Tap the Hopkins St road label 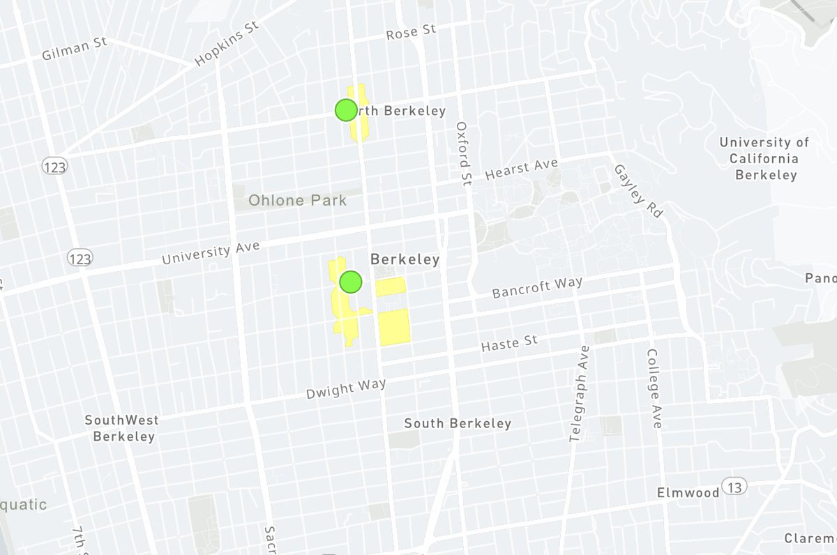coord(227,43)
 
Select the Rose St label coord(412,31)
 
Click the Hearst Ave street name coord(522,168)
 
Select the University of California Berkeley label coord(764,159)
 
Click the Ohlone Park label coord(298,201)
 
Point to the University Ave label coord(211,253)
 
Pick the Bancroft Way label coord(537,287)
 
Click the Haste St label coord(510,342)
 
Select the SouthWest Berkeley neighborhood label coord(122,428)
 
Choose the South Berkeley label coord(458,423)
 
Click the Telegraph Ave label coord(578,393)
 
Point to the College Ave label coord(654,388)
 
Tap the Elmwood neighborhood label coord(688,493)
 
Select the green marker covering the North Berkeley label coord(345,110)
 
